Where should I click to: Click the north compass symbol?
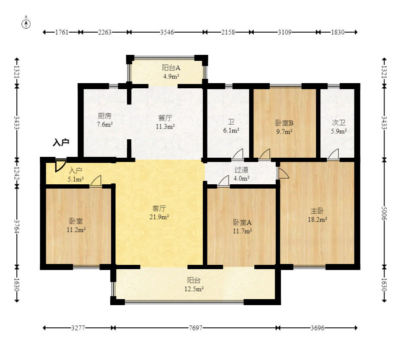click(x=27, y=24)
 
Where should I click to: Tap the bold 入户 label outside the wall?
click(x=61, y=142)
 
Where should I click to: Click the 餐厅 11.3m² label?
click(x=165, y=122)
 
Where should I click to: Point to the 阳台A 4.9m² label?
click(x=171, y=72)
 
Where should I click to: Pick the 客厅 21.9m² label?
click(x=159, y=213)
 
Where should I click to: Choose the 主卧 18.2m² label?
click(x=317, y=215)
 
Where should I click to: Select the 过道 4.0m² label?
click(x=241, y=174)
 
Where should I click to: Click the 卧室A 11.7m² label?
click(x=242, y=227)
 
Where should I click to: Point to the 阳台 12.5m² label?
click(x=194, y=285)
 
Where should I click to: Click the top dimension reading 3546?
click(x=167, y=32)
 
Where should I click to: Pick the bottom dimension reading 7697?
click(x=195, y=328)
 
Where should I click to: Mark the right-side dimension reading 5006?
click(x=384, y=213)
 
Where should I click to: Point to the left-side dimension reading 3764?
click(x=17, y=226)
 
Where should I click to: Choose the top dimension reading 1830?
click(x=339, y=32)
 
